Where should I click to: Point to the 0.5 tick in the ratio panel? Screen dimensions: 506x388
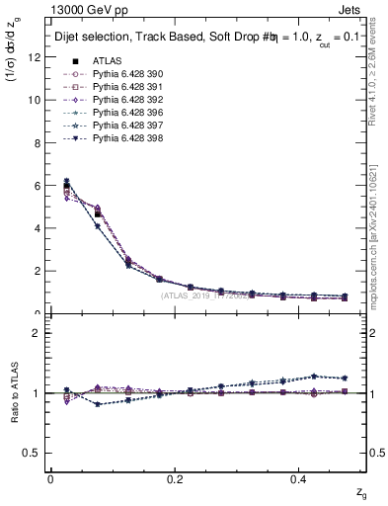[x=34, y=452]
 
